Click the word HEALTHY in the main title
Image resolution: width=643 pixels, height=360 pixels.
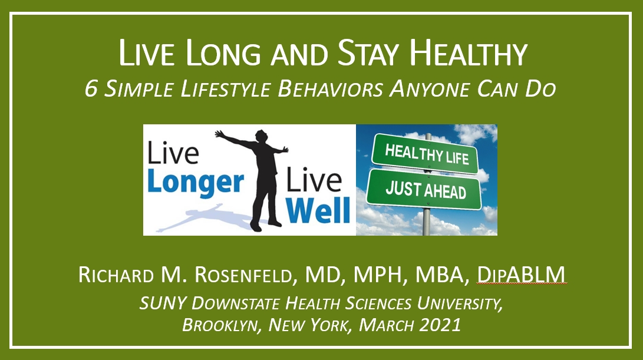(469, 53)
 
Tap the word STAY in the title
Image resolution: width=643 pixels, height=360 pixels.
(368, 53)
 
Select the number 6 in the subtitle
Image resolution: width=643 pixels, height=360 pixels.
(91, 89)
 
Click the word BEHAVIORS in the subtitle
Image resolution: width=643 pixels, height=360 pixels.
(331, 89)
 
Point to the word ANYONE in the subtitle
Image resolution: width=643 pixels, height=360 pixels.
(429, 89)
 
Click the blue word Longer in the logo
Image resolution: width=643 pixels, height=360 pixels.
(195, 183)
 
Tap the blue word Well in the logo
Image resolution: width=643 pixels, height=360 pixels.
(318, 210)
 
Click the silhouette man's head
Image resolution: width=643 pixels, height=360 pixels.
(261, 136)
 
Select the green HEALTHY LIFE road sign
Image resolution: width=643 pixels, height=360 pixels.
(426, 154)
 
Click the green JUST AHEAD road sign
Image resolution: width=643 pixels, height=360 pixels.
(424, 190)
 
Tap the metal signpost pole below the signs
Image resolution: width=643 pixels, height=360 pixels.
(427, 222)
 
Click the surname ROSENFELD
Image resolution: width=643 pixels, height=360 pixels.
(243, 275)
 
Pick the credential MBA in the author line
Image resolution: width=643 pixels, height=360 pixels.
(441, 275)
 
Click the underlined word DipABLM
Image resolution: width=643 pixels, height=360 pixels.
(521, 275)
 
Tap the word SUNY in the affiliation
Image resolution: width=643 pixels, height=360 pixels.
(163, 303)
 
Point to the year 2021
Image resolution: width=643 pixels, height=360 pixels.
(440, 325)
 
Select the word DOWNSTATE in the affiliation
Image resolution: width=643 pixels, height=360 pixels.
(236, 303)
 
